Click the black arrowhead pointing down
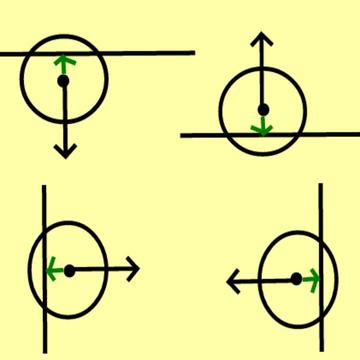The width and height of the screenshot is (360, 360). click(65, 153)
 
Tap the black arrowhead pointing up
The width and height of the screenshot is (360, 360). click(262, 40)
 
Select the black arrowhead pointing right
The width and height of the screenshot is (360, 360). click(134, 270)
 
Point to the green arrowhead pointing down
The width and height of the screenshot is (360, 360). click(262, 128)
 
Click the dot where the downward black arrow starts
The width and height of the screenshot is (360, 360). click(64, 82)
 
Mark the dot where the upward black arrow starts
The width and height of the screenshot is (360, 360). click(262, 108)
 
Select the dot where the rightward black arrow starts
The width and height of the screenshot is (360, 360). click(69, 270)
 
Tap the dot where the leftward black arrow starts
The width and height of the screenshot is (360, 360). click(296, 280)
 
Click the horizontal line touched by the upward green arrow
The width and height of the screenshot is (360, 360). click(150, 52)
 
